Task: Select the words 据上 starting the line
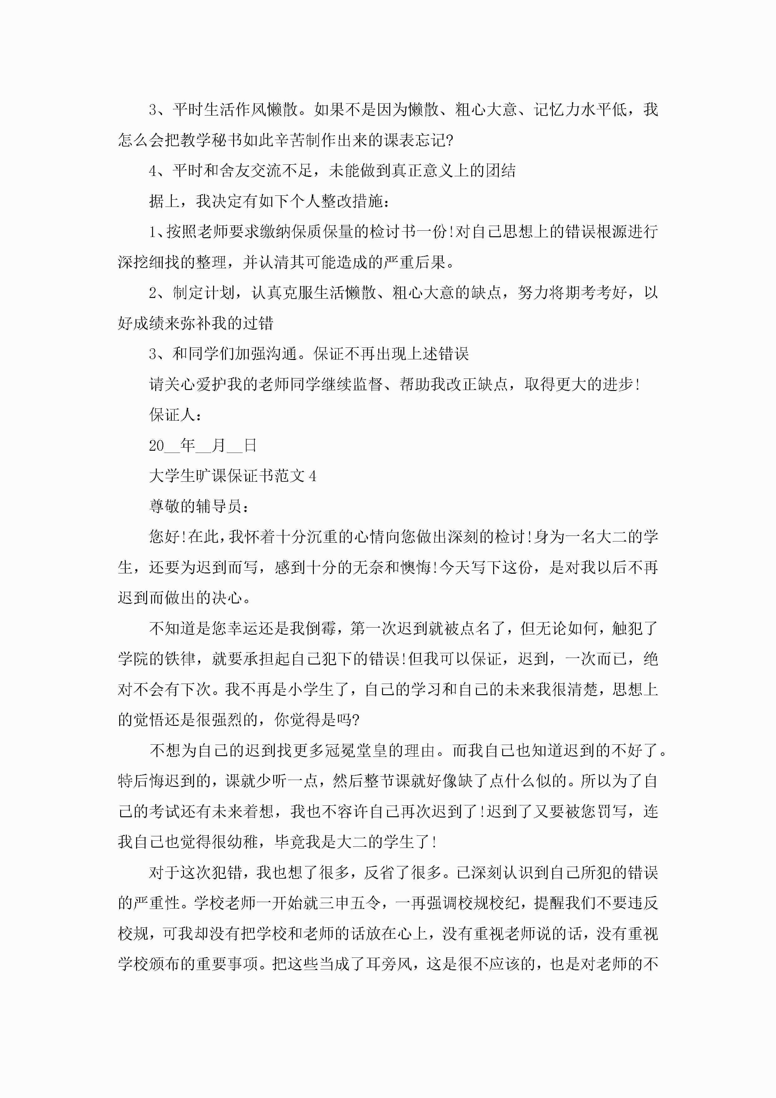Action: pyautogui.click(x=165, y=201)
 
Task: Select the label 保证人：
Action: pyautogui.click(x=176, y=415)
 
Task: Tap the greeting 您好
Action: pyautogui.click(x=165, y=536)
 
